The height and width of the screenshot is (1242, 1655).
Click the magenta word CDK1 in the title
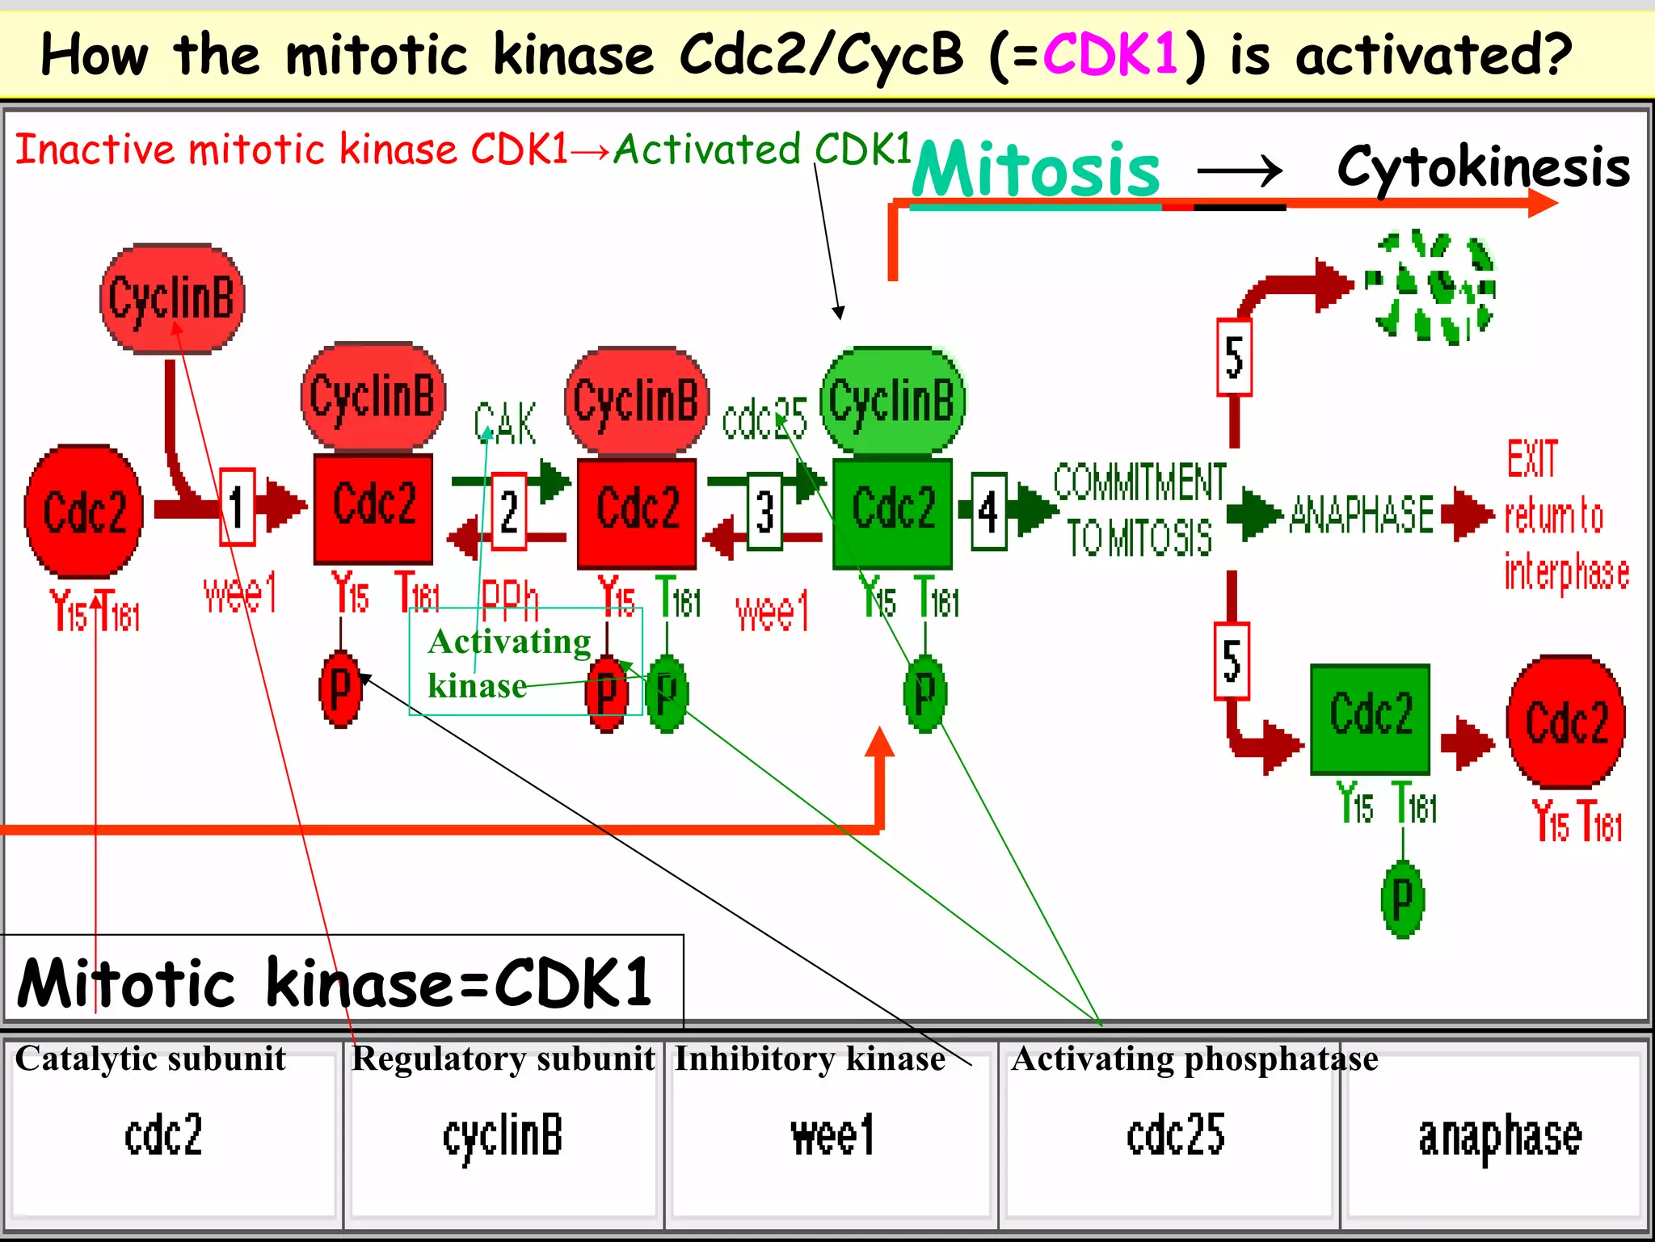1110,55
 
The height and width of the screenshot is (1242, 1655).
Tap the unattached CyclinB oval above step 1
172,298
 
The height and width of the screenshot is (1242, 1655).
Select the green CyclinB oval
892,401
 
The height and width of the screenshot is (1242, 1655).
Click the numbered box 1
237,507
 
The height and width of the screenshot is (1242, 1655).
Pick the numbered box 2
509,512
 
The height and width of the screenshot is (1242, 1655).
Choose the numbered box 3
764,512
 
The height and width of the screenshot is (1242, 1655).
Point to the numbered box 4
988,512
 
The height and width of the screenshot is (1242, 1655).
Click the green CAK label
505,423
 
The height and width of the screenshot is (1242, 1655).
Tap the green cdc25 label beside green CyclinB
764,420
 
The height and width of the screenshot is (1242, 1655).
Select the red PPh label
509,598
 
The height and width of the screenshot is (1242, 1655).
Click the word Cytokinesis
1483,167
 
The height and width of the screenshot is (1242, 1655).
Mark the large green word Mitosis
1036,170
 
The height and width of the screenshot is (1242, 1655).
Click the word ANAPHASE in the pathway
1362,515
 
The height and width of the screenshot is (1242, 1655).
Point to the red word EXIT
1531,459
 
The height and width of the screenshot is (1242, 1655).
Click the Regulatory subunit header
503,1059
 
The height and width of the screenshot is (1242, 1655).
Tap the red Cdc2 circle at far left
84,511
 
